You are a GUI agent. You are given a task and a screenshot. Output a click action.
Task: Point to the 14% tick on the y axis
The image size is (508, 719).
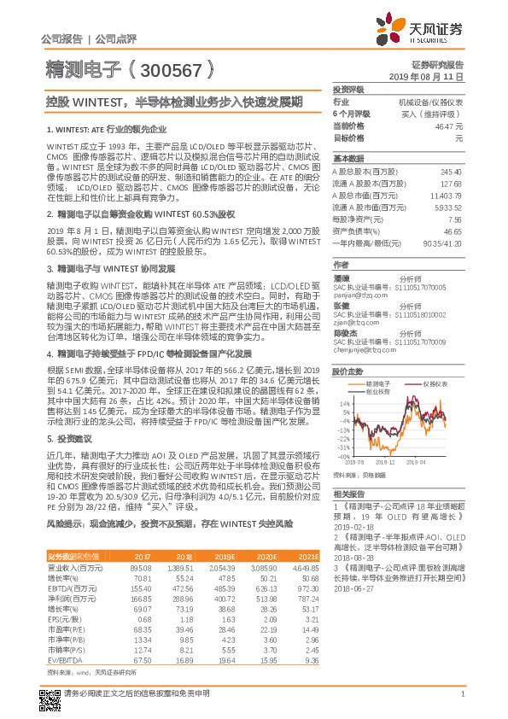tap(345, 403)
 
